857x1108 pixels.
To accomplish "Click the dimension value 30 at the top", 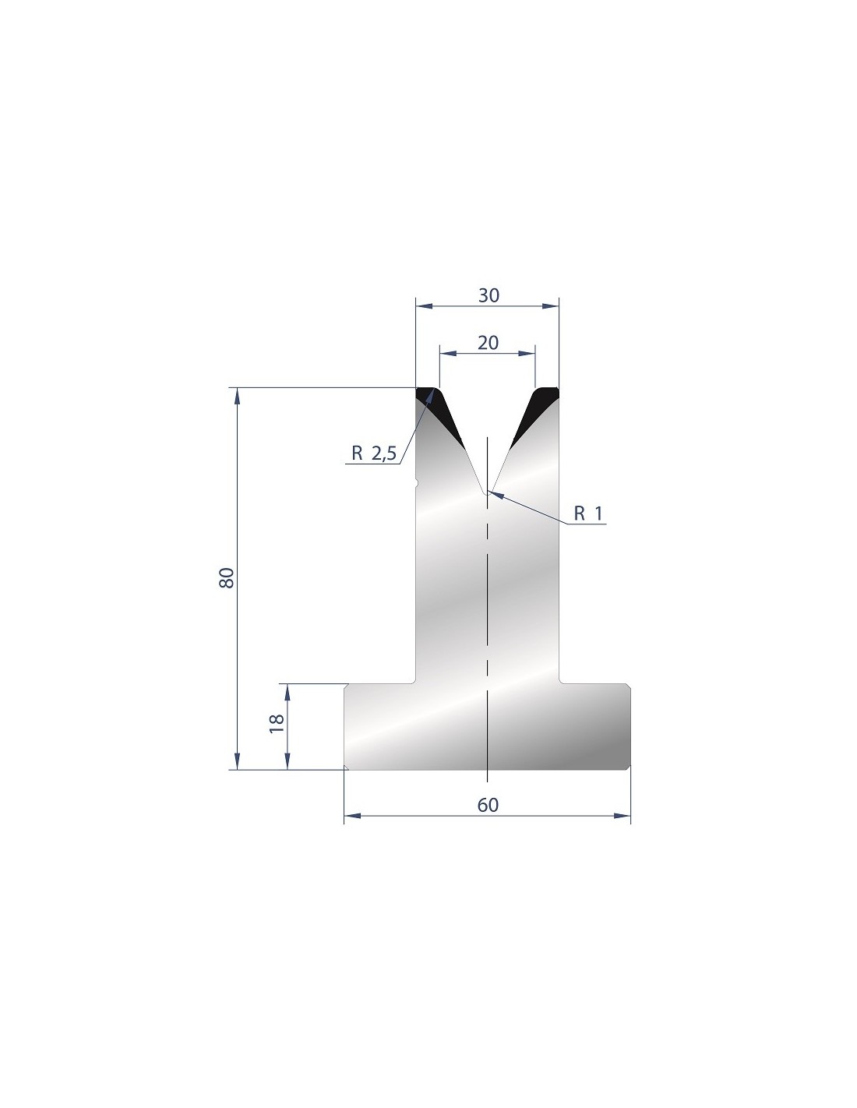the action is click(x=488, y=296).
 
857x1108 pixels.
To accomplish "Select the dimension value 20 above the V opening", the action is click(x=488, y=343).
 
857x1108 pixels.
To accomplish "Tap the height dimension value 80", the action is click(x=226, y=577).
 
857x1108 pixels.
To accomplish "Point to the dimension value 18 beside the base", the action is click(x=276, y=724).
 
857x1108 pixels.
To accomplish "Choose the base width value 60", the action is click(x=488, y=805).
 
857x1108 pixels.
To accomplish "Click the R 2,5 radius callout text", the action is click(x=374, y=453).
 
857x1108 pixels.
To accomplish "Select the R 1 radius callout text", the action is click(x=587, y=513).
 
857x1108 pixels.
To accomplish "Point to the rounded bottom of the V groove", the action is click(x=487, y=492).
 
